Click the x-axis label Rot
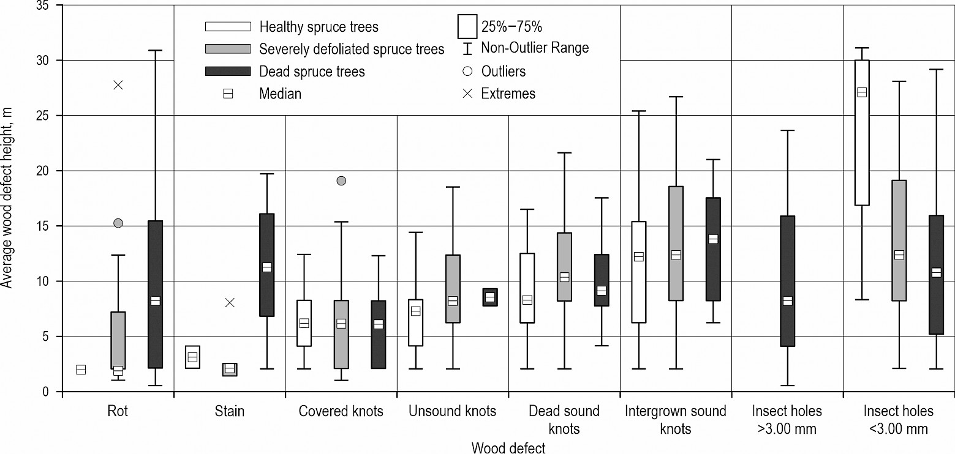pos(117,411)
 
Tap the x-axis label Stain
pos(230,411)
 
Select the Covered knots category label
pos(341,411)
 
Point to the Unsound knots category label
pos(453,411)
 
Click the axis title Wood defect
pos(508,448)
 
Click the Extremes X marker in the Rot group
pos(118,85)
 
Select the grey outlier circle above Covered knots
pos(341,180)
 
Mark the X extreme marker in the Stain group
pos(230,302)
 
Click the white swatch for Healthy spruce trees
pos(227,26)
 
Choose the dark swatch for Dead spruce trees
pos(227,71)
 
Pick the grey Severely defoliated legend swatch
pos(227,48)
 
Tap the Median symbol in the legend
pos(227,94)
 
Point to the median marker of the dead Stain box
pos(266,267)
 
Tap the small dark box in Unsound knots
pos(490,297)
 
